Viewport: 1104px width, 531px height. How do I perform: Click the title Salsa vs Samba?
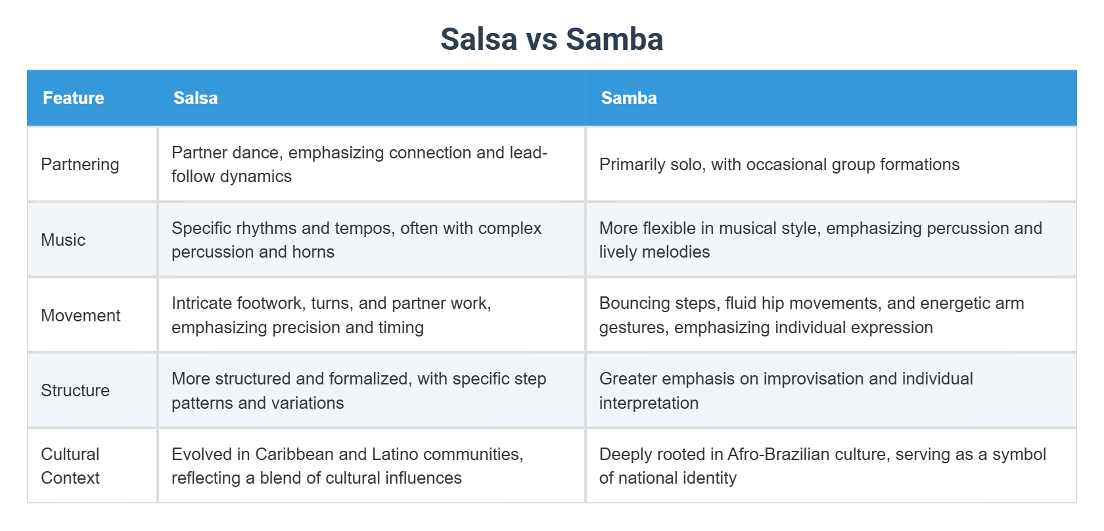point(551,39)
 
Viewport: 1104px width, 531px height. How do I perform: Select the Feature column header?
point(74,98)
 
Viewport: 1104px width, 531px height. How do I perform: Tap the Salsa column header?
point(195,98)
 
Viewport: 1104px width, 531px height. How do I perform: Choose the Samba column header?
point(628,98)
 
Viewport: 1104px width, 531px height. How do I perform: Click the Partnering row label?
point(80,164)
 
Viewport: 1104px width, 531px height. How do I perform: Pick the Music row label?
point(63,240)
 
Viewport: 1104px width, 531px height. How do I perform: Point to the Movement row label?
point(81,315)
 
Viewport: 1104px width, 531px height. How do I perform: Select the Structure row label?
point(75,390)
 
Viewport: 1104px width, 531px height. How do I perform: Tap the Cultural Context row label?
point(70,466)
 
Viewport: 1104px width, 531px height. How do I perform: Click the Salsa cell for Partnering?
point(359,164)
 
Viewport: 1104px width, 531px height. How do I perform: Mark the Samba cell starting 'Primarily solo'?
point(779,164)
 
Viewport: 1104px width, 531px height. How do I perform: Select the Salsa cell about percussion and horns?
point(356,240)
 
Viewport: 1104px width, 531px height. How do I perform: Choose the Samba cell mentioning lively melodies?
point(820,240)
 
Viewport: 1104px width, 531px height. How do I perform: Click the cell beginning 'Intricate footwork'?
point(331,315)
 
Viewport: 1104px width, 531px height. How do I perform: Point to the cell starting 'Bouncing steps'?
point(811,315)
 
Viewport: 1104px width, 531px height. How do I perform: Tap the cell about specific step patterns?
point(359,390)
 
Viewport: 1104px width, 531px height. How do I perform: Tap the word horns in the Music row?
point(313,252)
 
